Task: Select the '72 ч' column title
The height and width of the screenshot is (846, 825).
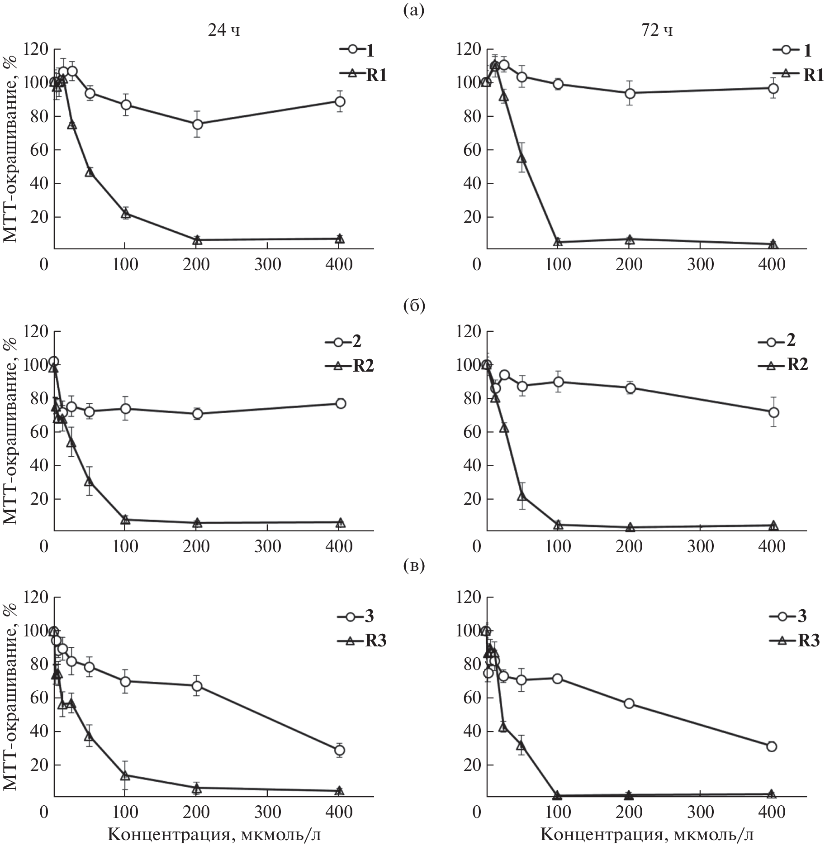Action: tap(656, 31)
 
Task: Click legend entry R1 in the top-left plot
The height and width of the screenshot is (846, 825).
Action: tap(363, 75)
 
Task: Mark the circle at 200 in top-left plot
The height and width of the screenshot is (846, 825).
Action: tap(197, 124)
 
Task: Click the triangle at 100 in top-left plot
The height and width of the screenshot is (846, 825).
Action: tap(126, 214)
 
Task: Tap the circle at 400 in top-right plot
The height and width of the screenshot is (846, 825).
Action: tap(773, 88)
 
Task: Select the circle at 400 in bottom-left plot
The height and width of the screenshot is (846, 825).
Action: tap(340, 750)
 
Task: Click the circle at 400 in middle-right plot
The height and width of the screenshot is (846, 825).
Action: tap(773, 412)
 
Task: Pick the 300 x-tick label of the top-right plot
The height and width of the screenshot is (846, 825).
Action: tap(701, 264)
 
